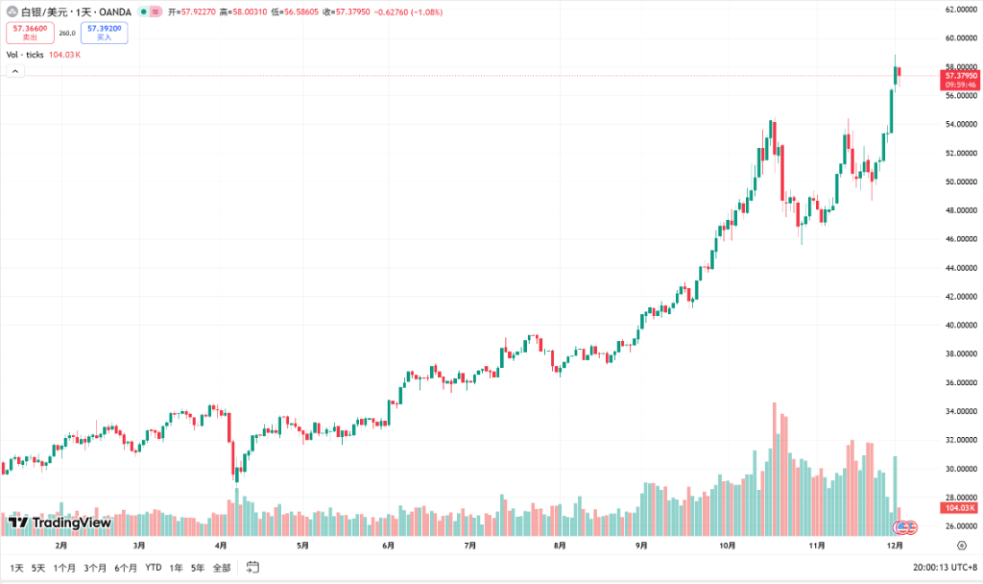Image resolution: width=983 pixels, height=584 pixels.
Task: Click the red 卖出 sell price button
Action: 30,33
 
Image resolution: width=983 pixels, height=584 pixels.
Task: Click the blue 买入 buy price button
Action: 104,33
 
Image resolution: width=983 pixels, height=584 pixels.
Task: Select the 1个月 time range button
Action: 64,568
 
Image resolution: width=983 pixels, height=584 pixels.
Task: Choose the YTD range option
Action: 154,568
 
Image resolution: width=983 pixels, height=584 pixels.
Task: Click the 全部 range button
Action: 222,568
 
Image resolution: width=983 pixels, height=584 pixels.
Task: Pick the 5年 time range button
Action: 198,568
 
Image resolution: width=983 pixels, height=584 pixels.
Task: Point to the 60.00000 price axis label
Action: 960,38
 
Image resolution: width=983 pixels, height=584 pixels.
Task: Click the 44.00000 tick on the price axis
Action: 960,268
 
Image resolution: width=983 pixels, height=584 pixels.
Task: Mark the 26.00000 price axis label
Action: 960,526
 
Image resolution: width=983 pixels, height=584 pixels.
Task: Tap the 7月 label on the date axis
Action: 470,545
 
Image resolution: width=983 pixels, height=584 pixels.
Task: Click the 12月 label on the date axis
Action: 894,545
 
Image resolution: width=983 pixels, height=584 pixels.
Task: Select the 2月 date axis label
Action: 61,545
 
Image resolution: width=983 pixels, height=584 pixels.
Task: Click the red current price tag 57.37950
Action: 961,75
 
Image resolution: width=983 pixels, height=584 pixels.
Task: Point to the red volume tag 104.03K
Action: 960,507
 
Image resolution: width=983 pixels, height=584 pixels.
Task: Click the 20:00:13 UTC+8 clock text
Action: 945,568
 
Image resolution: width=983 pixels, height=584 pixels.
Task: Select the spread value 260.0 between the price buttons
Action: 67,33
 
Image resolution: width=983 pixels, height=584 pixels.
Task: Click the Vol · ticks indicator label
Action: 26,55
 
